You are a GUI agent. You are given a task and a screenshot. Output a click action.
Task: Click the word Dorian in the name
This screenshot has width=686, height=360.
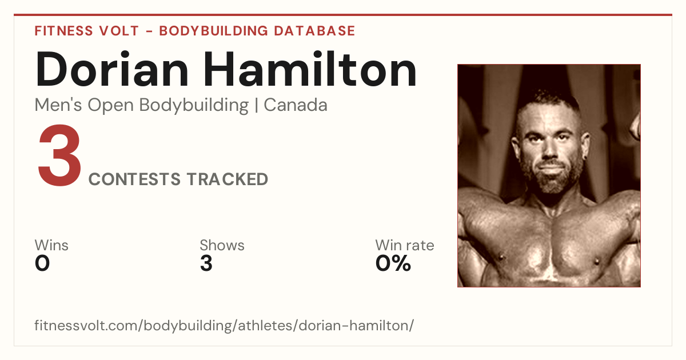pos(111,69)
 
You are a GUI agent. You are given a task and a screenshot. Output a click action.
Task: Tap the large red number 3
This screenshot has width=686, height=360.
pos(59,155)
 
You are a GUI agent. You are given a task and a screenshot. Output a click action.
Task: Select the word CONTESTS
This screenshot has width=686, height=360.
pos(134,179)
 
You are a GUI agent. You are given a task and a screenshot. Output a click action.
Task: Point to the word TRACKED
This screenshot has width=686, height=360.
pos(228,179)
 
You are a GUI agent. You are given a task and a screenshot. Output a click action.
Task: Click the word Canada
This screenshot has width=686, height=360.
pos(296,105)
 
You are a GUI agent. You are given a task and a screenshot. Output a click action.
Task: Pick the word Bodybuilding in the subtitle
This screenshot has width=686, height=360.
pos(194,106)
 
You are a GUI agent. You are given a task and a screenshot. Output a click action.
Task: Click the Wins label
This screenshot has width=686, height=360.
pos(51,245)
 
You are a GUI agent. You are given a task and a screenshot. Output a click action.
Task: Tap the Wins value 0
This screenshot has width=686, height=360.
pos(42,263)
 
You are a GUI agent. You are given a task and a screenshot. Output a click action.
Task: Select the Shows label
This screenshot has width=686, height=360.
pos(222,245)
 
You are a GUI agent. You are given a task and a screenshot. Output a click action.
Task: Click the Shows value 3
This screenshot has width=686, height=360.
pos(206,263)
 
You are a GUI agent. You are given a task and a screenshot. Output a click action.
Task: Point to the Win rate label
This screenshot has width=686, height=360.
pos(405,245)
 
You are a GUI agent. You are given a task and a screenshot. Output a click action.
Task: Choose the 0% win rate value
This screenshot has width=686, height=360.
pos(393,263)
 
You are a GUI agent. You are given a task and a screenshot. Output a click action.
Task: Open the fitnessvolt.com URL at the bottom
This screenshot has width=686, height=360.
pos(224,325)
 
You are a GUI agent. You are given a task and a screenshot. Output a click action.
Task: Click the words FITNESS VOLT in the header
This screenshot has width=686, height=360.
pos(87,31)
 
